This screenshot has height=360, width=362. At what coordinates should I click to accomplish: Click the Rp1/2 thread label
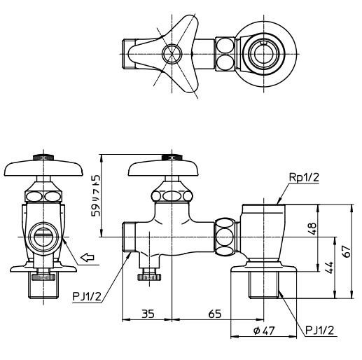(304, 178)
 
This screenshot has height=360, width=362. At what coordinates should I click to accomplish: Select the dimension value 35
(148, 314)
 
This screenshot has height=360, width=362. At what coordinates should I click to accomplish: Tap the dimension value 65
(215, 314)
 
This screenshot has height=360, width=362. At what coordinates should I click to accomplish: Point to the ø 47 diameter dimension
(264, 331)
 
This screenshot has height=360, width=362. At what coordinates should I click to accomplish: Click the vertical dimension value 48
(312, 228)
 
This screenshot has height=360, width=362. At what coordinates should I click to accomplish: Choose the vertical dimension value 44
(329, 268)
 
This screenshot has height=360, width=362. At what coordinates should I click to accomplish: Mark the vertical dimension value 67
(347, 251)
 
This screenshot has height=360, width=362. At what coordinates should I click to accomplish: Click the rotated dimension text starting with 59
(96, 195)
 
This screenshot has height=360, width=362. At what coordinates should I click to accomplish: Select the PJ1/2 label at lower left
(87, 297)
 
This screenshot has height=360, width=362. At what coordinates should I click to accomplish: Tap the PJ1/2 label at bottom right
(320, 331)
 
